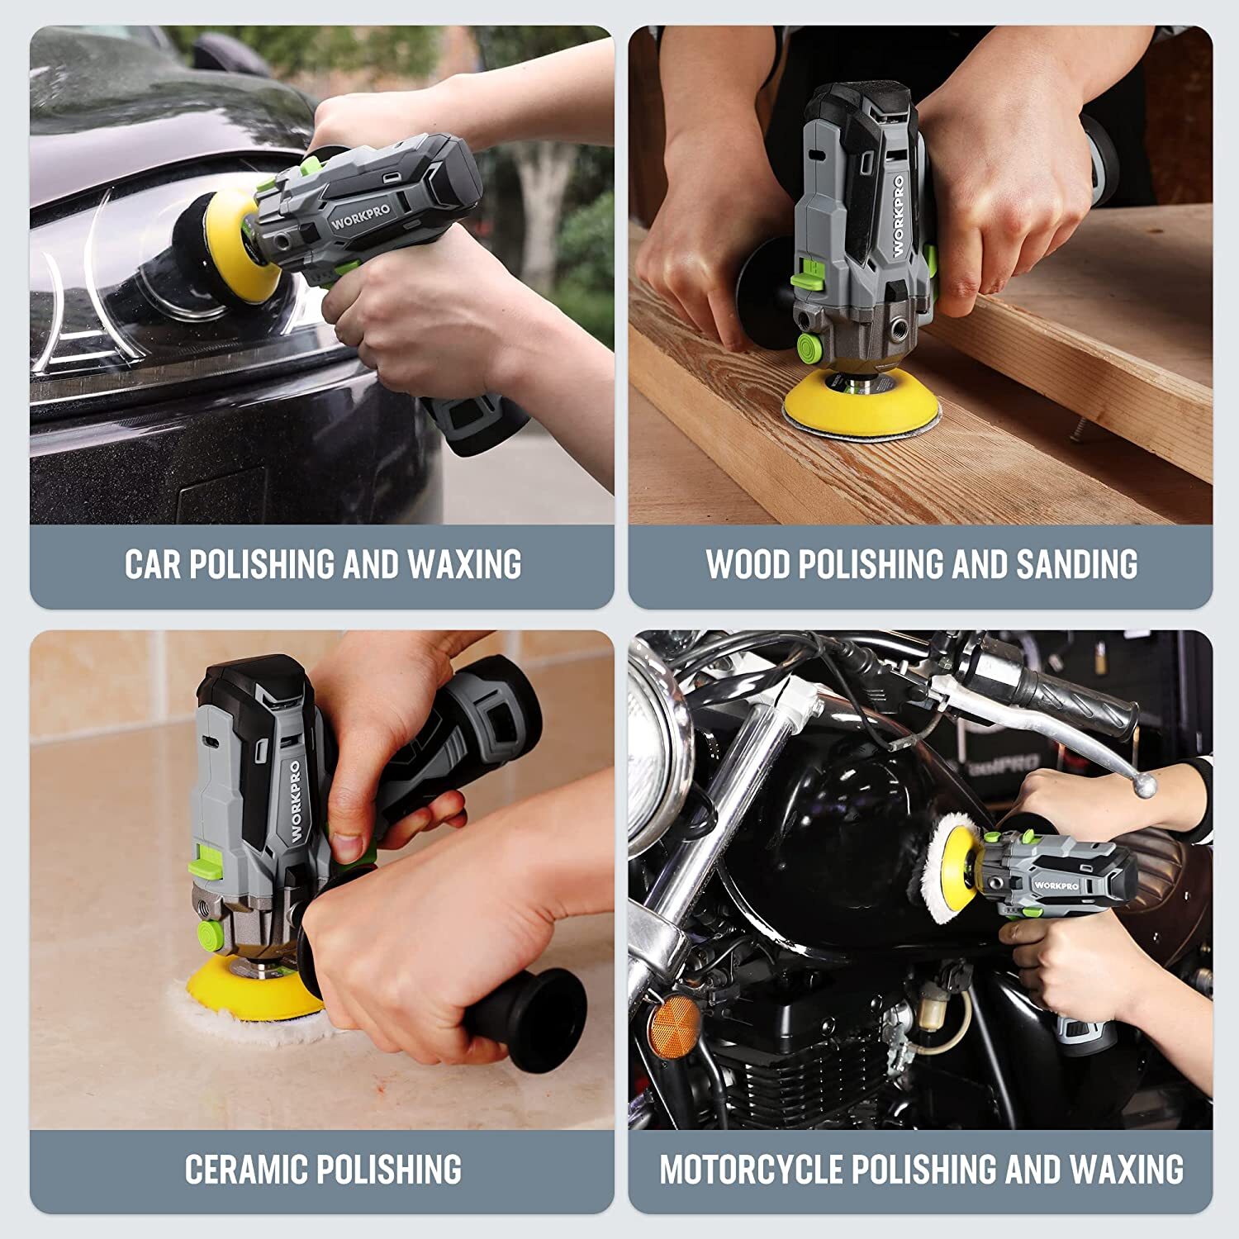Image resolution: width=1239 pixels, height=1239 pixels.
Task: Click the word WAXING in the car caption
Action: coord(464,564)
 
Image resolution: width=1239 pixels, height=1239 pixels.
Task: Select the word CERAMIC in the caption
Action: coord(246,1170)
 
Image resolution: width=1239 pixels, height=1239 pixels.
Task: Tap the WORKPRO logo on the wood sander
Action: coord(898,216)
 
